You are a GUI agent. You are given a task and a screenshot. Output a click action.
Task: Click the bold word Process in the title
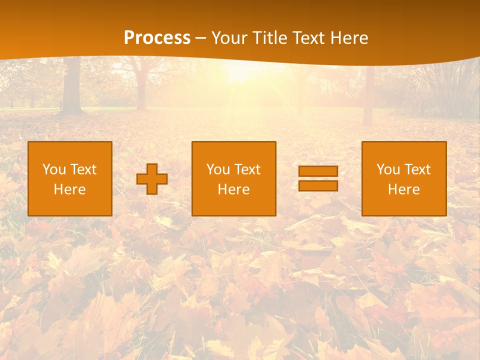(157, 38)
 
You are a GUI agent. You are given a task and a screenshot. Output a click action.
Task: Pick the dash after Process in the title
(201, 38)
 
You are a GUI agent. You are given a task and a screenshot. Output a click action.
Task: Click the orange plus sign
(152, 179)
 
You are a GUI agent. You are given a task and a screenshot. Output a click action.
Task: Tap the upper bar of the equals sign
(318, 171)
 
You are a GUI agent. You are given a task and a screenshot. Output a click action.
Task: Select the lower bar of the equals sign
(318, 186)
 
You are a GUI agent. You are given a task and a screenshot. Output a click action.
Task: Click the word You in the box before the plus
(54, 169)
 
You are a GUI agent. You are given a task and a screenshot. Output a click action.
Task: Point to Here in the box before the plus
(69, 189)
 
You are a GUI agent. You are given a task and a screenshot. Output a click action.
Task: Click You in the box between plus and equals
(218, 169)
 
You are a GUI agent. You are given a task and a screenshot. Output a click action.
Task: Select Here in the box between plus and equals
(233, 189)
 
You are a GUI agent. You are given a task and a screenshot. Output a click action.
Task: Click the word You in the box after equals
(388, 169)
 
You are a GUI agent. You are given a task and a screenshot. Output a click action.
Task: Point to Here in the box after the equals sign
(403, 189)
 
